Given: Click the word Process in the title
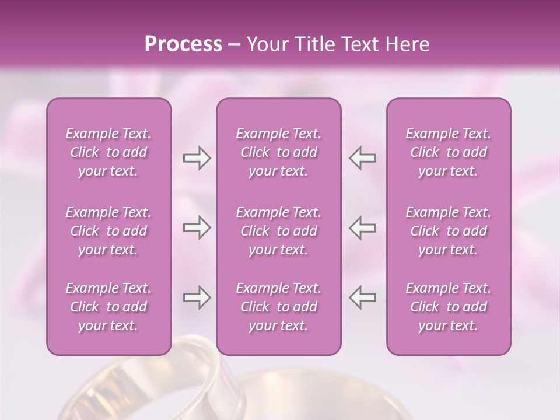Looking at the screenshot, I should point(183,44).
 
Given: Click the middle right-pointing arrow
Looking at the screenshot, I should point(197,228).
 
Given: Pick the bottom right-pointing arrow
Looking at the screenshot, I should point(197,297).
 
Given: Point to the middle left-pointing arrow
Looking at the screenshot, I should point(362,228).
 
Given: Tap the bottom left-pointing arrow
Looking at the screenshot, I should point(362,297).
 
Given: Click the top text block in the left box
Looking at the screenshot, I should point(108,152).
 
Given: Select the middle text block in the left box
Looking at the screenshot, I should point(108,231).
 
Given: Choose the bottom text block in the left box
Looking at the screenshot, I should point(108,307).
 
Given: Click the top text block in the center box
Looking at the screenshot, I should point(279,152).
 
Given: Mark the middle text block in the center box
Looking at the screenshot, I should point(279,231).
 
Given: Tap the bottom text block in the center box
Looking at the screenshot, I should point(279,307).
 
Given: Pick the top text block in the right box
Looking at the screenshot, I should point(449,152).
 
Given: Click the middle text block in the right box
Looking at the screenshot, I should point(449,231).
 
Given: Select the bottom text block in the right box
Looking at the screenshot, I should point(449,307).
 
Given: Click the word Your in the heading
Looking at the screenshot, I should point(266,44).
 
